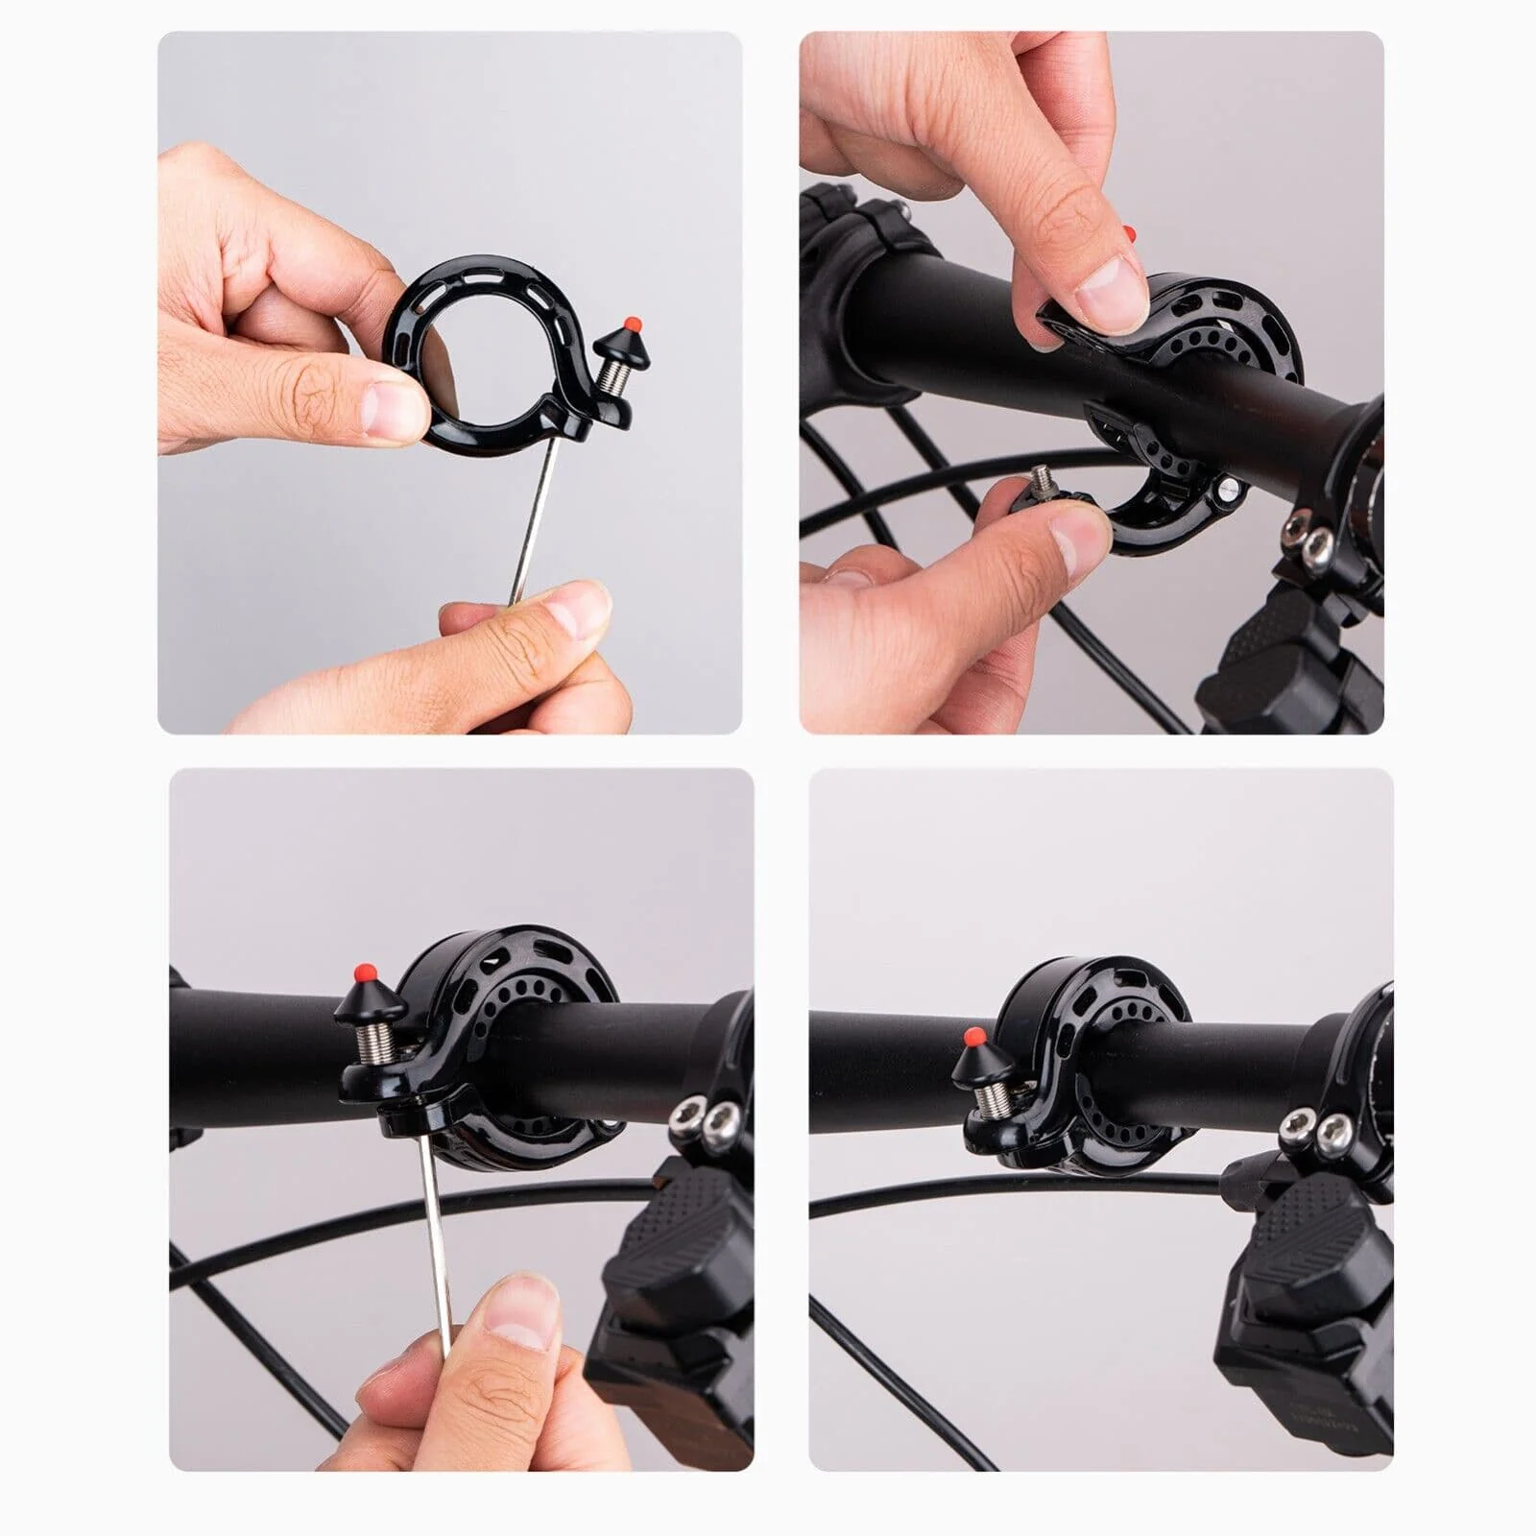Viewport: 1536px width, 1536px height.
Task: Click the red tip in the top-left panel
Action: [632, 323]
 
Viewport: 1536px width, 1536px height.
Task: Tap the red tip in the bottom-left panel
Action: [365, 972]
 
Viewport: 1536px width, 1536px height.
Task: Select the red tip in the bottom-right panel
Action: [972, 1037]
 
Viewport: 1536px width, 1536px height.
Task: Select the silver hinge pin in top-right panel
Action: [1228, 490]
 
